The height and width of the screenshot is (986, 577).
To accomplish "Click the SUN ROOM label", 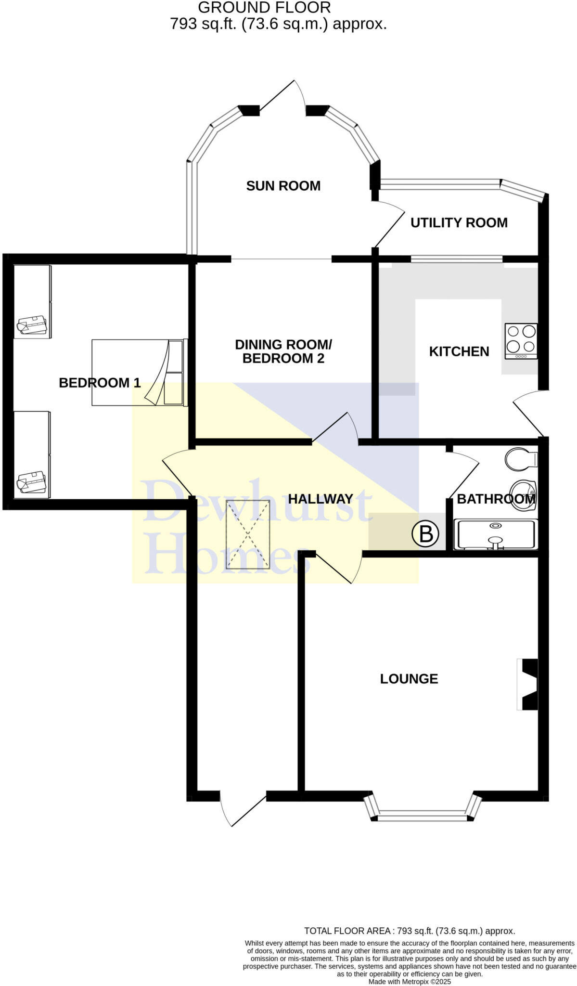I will click(x=283, y=186).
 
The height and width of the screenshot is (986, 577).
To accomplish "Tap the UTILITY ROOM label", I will click(x=459, y=222).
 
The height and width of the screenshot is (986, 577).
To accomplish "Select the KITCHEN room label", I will click(x=459, y=351).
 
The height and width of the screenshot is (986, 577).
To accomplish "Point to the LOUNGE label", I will click(x=409, y=679).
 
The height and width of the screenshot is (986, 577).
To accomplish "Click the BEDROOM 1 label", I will click(x=100, y=383).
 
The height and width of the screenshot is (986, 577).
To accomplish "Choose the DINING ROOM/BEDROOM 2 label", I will click(x=283, y=351).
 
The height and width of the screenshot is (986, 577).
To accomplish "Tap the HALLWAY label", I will click(x=321, y=499).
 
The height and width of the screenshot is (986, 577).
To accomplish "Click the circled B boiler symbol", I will click(x=425, y=534).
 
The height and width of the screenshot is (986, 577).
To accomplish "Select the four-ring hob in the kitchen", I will click(x=521, y=341).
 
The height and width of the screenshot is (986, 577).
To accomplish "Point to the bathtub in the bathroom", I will click(x=496, y=534).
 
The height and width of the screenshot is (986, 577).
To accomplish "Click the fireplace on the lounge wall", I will click(x=527, y=684).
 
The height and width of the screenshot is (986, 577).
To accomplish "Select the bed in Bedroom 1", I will click(x=139, y=373).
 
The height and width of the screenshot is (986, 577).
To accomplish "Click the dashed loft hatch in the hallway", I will click(x=248, y=534).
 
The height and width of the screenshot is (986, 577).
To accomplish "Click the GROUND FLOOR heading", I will click(x=264, y=8).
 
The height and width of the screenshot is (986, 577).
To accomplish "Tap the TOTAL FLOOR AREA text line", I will click(x=409, y=931).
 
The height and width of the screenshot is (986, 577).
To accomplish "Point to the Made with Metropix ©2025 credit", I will click(x=409, y=982).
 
